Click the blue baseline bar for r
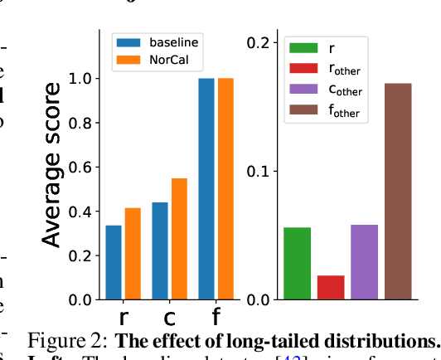(114, 262)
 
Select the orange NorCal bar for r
(133, 254)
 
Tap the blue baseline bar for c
(160, 251)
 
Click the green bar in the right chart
(297, 263)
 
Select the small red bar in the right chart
(331, 287)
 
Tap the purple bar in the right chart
(364, 261)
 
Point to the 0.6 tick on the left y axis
(82, 168)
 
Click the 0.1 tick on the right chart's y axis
(261, 171)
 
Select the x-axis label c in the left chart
(169, 317)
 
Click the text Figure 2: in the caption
(68, 342)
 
